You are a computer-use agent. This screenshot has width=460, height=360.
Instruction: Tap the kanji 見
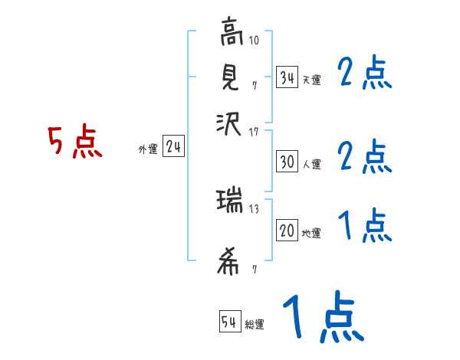229,77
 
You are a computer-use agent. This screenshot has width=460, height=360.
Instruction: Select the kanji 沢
229,123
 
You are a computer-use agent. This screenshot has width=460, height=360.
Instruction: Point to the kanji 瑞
229,202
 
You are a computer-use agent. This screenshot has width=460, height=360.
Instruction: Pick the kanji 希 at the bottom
229,263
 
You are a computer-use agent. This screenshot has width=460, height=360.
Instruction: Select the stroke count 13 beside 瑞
253,208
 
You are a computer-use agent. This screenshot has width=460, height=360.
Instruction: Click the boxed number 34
287,77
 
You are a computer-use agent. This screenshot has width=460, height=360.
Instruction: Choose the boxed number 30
287,162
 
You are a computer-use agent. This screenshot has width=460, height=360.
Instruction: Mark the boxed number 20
287,231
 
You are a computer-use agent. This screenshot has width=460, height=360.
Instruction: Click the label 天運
311,79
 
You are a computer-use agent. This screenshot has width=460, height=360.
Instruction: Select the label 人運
311,163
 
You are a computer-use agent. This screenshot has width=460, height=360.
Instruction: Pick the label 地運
311,233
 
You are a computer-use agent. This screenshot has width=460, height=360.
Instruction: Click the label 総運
255,325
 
